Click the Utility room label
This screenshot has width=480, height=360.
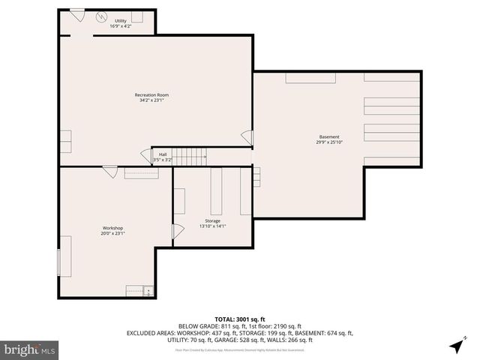(120, 21)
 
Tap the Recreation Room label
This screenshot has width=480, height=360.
(151, 94)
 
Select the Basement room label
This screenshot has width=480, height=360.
(329, 136)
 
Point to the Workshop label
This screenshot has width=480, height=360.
(112, 228)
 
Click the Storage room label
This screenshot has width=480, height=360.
(212, 221)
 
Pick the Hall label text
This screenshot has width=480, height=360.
(162, 154)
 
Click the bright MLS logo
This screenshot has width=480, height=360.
(30, 349)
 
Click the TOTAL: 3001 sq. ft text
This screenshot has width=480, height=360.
(240, 318)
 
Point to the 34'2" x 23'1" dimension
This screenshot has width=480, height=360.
(151, 100)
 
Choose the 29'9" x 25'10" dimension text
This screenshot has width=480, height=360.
(329, 142)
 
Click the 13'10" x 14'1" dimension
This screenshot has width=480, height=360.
(212, 226)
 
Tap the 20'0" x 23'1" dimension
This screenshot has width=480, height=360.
(112, 233)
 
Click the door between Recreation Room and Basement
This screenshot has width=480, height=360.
(247, 137)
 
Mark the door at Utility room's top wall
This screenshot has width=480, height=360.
(76, 14)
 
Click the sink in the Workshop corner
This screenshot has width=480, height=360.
(148, 290)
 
